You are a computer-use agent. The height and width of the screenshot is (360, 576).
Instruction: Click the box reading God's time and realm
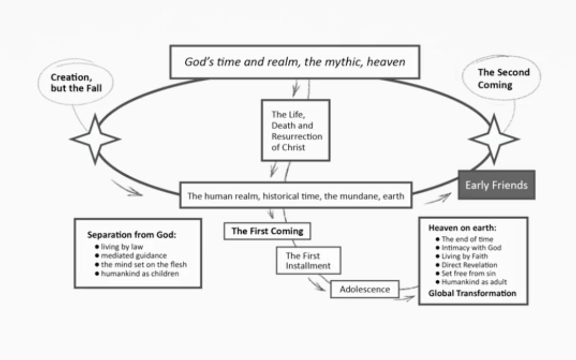(x=295, y=62)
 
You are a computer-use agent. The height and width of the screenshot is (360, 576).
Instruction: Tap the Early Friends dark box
(x=496, y=185)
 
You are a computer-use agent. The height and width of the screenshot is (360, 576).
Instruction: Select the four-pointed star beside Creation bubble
(x=95, y=139)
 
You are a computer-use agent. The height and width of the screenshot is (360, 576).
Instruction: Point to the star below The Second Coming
(x=494, y=139)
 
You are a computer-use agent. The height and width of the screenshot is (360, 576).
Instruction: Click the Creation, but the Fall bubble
(x=76, y=83)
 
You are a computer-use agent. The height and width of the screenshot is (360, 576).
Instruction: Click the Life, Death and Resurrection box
(x=296, y=130)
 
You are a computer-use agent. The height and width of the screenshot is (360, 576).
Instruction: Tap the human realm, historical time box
(x=296, y=196)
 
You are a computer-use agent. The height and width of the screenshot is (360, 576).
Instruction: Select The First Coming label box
(x=267, y=232)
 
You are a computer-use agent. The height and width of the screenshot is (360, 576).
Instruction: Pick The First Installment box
(x=308, y=260)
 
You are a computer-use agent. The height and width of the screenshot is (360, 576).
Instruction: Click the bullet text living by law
(x=119, y=246)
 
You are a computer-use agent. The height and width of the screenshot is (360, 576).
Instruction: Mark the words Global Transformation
(x=472, y=293)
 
